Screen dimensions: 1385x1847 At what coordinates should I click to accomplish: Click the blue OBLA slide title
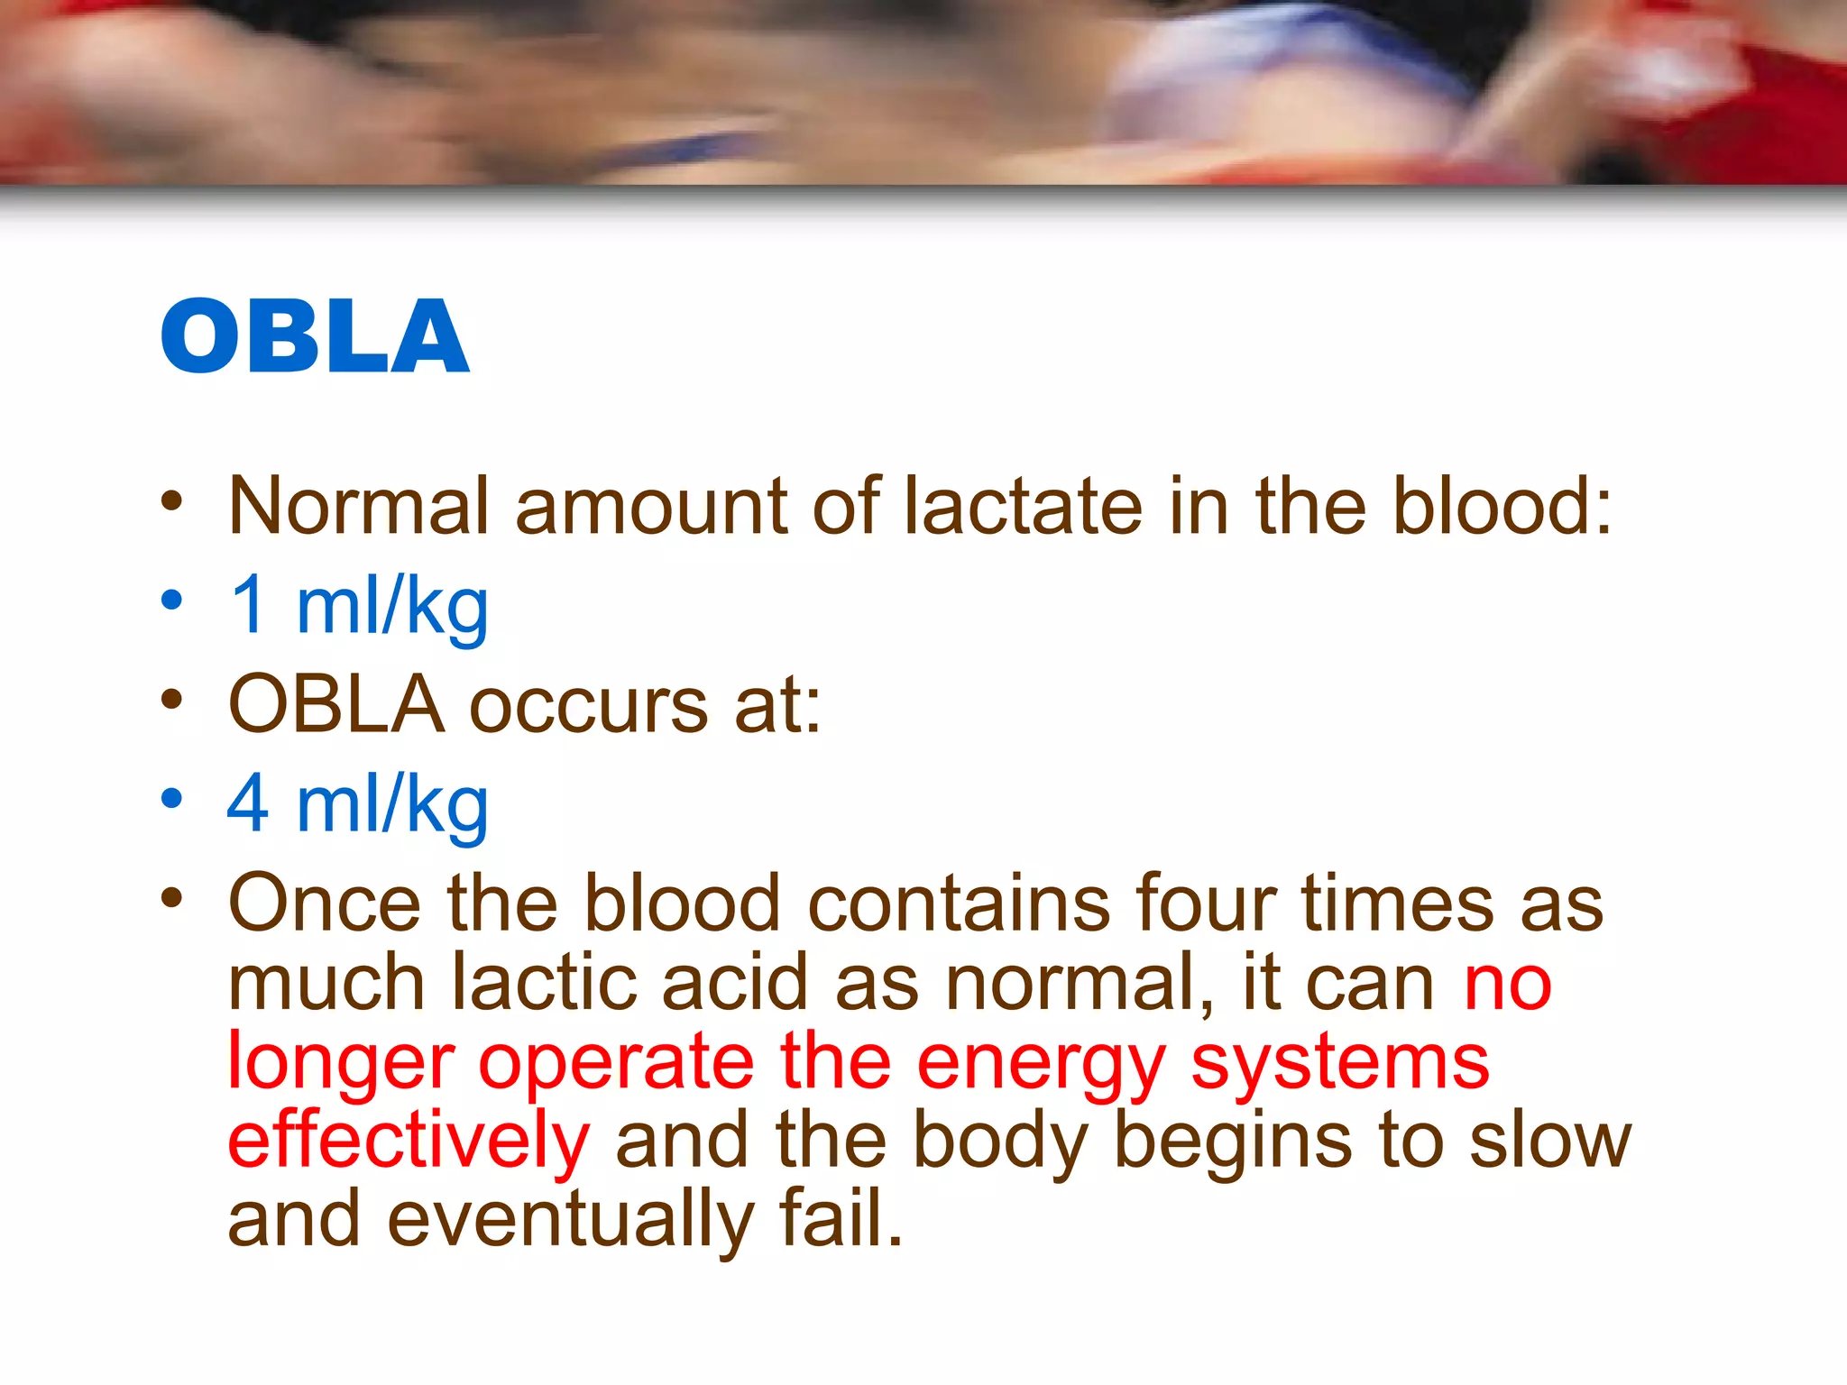click(315, 335)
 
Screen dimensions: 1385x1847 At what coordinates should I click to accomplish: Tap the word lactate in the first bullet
click(1023, 506)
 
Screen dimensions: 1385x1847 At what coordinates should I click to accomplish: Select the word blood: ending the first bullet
click(1502, 506)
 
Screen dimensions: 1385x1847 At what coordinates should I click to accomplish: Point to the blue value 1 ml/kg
click(358, 606)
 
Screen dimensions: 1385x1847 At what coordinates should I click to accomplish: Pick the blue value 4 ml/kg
click(358, 804)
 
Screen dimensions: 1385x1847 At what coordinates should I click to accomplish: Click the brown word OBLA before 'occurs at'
click(336, 704)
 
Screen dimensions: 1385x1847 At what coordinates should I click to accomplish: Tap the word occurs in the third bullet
click(589, 706)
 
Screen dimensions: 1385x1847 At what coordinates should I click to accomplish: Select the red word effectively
click(409, 1141)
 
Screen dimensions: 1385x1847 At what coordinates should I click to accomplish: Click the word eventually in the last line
click(570, 1220)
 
